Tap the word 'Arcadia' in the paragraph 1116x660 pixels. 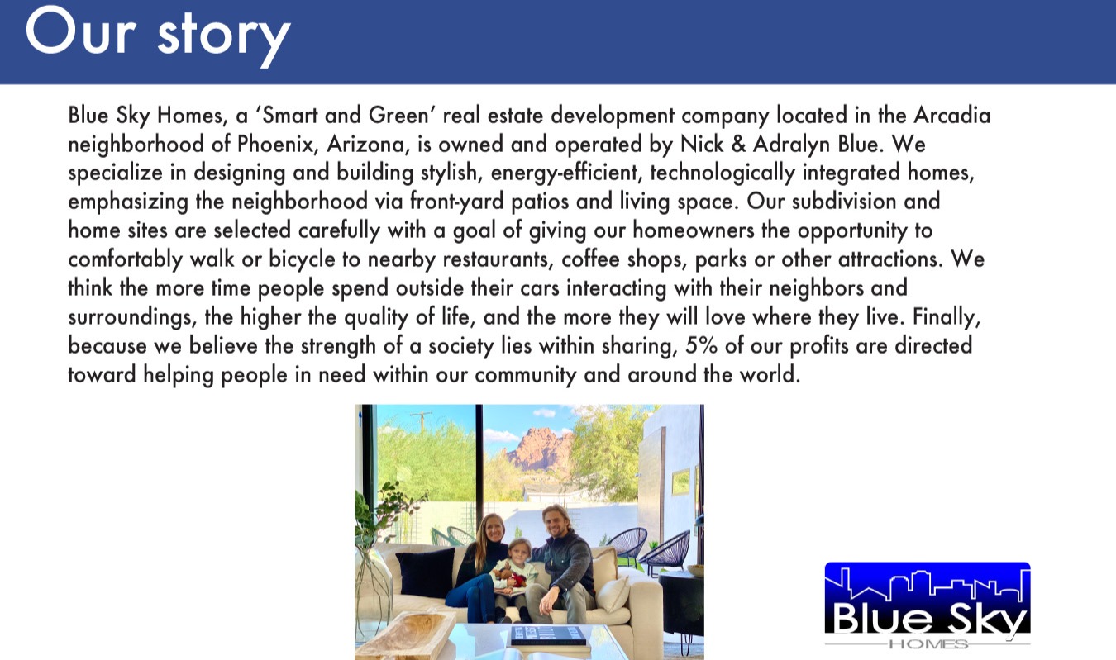coord(951,116)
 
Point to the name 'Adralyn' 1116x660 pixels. coord(791,145)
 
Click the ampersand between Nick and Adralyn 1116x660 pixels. coord(738,145)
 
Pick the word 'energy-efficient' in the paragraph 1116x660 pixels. coord(565,173)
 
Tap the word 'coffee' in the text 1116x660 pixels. coord(590,259)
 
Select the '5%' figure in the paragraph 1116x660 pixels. coord(701,346)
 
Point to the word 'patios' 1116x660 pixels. coord(540,202)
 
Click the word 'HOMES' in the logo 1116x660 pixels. coord(928,644)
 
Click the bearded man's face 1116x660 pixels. coord(554,521)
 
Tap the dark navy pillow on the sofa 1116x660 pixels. coord(427,572)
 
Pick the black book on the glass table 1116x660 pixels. coord(548,635)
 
